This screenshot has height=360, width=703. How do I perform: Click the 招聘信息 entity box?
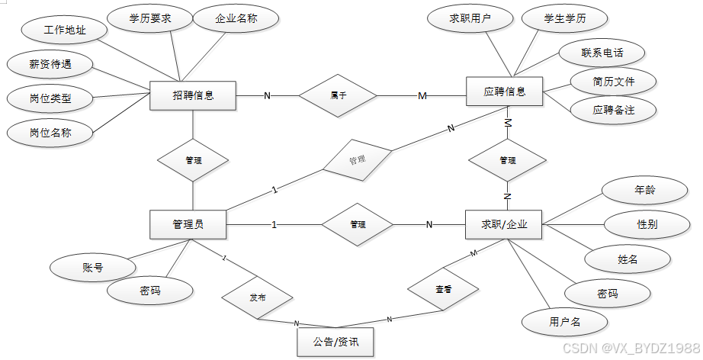click(193, 95)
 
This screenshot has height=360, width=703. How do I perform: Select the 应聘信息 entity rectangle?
click(505, 92)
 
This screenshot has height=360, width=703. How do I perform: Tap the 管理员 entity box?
click(188, 224)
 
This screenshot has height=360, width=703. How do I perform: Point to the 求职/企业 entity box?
click(504, 224)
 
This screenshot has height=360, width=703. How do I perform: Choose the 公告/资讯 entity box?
click(335, 342)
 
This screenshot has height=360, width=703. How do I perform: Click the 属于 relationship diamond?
click(338, 95)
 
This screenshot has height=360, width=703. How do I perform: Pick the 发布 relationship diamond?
click(258, 297)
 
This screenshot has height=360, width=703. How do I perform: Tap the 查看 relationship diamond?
click(443, 289)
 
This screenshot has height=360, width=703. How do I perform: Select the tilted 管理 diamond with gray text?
click(358, 160)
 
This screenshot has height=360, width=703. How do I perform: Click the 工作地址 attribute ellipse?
click(65, 30)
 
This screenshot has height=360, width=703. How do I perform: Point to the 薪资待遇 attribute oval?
click(50, 64)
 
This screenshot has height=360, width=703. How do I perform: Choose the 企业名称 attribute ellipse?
click(236, 18)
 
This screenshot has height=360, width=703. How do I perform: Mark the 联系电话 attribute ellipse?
click(602, 53)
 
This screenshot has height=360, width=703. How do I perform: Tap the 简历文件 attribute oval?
click(613, 82)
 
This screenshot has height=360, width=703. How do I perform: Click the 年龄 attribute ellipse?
click(645, 190)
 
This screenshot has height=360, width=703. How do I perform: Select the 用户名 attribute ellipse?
click(565, 322)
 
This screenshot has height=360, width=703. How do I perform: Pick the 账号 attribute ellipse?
click(93, 268)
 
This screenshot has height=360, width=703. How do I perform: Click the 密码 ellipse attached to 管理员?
click(150, 291)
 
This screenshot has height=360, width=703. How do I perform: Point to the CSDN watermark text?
click(631, 348)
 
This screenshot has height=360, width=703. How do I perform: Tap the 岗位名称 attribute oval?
click(50, 133)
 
